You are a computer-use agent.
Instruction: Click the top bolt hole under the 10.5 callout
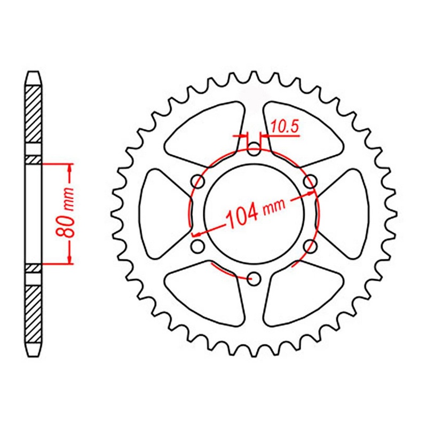pos(254,149)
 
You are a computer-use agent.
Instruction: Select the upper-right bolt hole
pos(310,182)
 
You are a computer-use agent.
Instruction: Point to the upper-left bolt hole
pos(199,182)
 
